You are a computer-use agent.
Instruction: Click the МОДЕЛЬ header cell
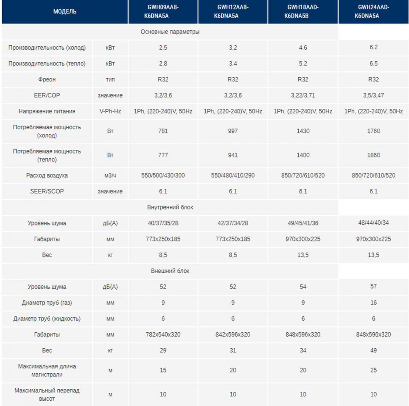(x=65, y=12)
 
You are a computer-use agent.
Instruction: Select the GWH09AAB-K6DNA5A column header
(x=163, y=12)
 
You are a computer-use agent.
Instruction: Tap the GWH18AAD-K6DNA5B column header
(x=303, y=12)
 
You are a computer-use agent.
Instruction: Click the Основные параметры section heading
(x=170, y=32)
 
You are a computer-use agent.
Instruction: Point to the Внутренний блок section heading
(x=170, y=207)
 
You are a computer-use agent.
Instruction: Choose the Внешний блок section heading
(x=170, y=271)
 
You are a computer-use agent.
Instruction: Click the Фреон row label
(x=47, y=79)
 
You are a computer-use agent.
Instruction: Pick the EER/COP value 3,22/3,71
(x=303, y=95)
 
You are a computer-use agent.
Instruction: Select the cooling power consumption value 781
(x=163, y=131)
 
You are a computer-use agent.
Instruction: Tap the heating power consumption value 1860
(x=373, y=155)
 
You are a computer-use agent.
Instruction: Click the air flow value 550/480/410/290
(x=233, y=175)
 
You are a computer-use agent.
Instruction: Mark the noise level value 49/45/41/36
(x=303, y=223)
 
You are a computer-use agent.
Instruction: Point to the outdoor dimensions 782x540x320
(x=163, y=334)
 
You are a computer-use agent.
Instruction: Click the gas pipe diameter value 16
(x=373, y=302)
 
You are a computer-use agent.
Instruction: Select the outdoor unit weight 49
(x=373, y=350)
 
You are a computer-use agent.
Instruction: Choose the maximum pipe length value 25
(x=373, y=370)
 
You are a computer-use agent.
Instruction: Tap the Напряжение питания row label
(x=47, y=111)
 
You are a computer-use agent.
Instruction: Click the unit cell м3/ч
(x=110, y=175)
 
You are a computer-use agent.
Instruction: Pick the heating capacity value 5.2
(x=303, y=63)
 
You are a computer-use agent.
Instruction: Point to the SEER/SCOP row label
(x=47, y=191)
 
